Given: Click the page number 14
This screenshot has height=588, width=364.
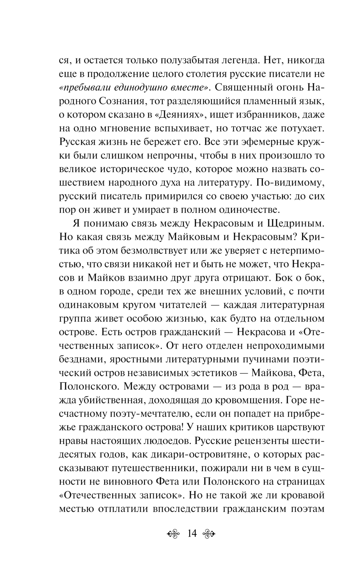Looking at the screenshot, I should tap(191, 533).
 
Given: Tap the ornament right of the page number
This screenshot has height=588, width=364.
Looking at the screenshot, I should tap(209, 534).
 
